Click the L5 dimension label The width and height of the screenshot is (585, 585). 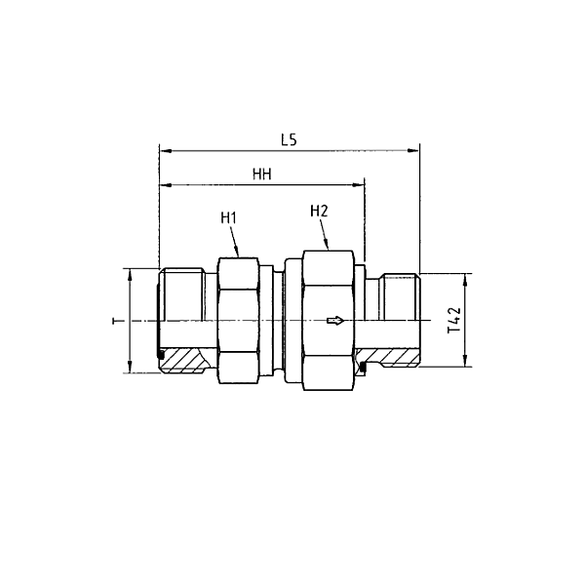pyautogui.click(x=288, y=139)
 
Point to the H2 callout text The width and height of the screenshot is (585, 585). pyautogui.click(x=319, y=211)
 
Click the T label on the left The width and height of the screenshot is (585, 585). pyautogui.click(x=115, y=321)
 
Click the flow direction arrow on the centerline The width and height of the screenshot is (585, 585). pyautogui.click(x=335, y=320)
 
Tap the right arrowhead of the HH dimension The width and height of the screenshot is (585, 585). pyautogui.click(x=360, y=184)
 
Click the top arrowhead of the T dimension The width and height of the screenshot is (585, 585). pyautogui.click(x=129, y=274)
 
